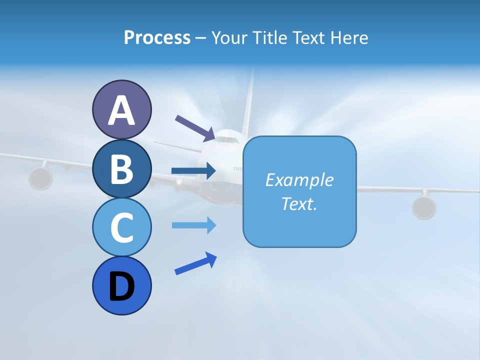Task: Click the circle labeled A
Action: [x=121, y=110]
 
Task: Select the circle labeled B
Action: [x=121, y=168]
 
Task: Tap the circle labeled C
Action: [x=121, y=227]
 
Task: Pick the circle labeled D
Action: [x=121, y=285]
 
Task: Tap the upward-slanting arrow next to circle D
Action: [x=195, y=263]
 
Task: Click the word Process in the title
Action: [x=157, y=37]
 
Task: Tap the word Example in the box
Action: [x=299, y=180]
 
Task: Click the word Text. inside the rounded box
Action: [x=299, y=203]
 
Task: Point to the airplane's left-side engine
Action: [x=40, y=178]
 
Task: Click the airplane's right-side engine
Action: [x=424, y=207]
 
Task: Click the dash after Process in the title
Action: [x=201, y=38]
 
